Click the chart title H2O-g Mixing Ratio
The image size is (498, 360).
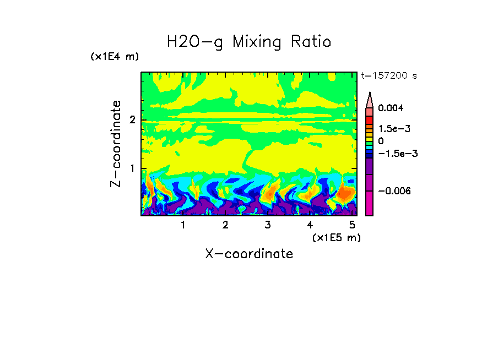pyautogui.click(x=249, y=42)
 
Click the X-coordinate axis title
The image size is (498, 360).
pyautogui.click(x=249, y=254)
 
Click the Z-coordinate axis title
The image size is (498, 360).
pyautogui.click(x=116, y=144)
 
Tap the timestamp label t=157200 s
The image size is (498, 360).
pyautogui.click(x=388, y=76)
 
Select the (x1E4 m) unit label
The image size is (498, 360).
pyautogui.click(x=115, y=57)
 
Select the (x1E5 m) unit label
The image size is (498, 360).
pyautogui.click(x=336, y=237)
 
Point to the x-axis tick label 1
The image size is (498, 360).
pyautogui.click(x=183, y=225)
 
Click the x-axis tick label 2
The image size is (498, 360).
pyautogui.click(x=225, y=225)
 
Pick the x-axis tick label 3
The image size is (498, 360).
pyautogui.click(x=268, y=225)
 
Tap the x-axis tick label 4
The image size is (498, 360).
pyautogui.click(x=310, y=225)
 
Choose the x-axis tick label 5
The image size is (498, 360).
pyautogui.click(x=351, y=225)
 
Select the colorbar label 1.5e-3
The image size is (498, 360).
pyautogui.click(x=391, y=129)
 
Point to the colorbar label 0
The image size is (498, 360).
pyautogui.click(x=381, y=141)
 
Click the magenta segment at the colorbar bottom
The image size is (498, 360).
pyautogui.click(x=370, y=204)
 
